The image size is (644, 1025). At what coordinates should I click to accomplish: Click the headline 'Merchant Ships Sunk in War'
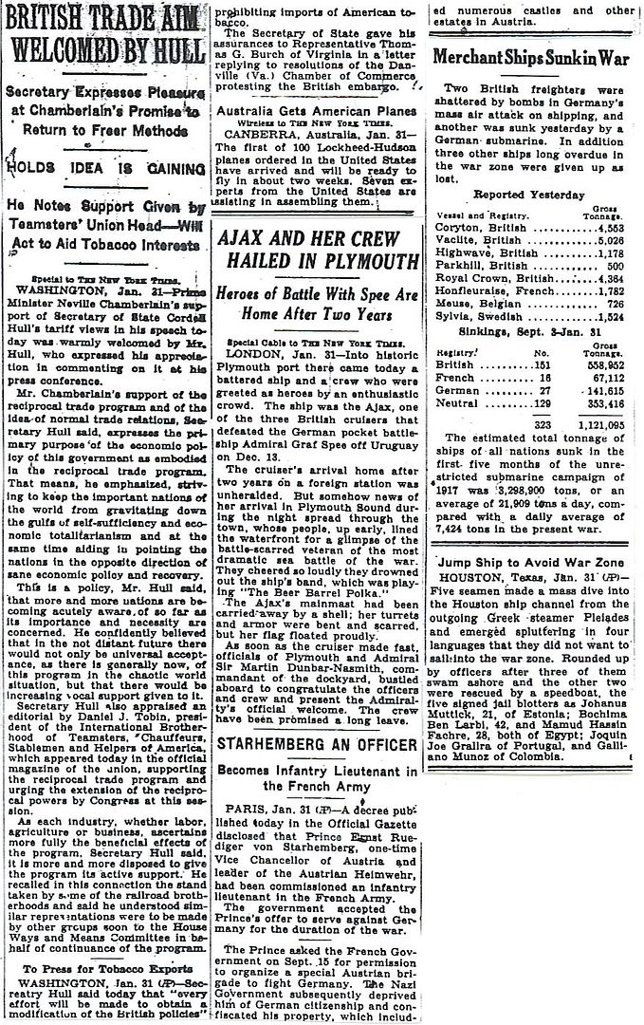[531, 57]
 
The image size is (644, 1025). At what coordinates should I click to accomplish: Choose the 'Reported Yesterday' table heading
[529, 195]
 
